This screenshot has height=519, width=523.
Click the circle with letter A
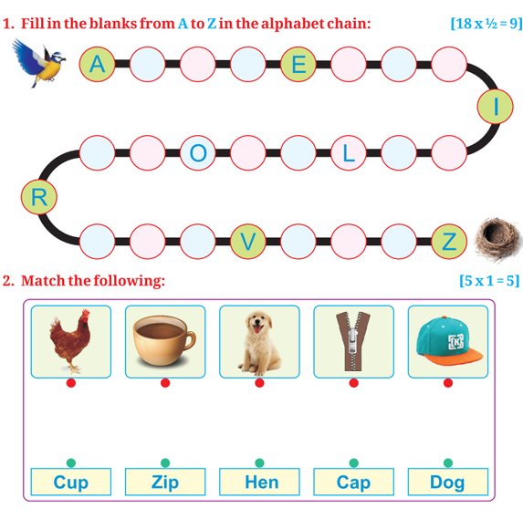[x=97, y=64]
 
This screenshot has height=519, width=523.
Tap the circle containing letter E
[x=298, y=64]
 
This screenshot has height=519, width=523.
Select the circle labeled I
[x=496, y=107]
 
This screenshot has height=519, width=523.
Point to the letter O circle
[x=198, y=153]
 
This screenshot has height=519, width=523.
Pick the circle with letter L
[x=349, y=153]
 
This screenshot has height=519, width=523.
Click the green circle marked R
[x=39, y=197]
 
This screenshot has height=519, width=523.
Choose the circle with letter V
[x=248, y=242]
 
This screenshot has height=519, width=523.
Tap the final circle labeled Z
[x=449, y=242]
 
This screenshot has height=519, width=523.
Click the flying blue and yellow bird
[x=38, y=63]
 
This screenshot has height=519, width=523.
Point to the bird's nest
[x=497, y=239]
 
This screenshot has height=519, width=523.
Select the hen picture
[x=71, y=341]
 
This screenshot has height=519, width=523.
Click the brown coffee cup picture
[x=165, y=341]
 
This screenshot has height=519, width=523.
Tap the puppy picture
[x=259, y=341]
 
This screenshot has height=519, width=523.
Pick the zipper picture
[x=354, y=341]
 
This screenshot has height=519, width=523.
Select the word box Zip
[x=165, y=482]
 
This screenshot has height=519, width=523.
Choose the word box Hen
[x=259, y=482]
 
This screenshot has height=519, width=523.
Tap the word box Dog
[x=448, y=482]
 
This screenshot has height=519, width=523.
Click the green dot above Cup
[x=71, y=462]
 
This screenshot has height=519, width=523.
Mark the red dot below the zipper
[x=354, y=383]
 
